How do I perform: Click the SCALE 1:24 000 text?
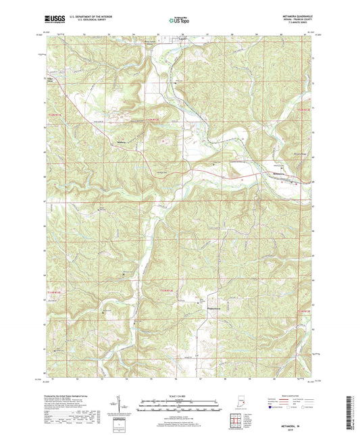point(179,396)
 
